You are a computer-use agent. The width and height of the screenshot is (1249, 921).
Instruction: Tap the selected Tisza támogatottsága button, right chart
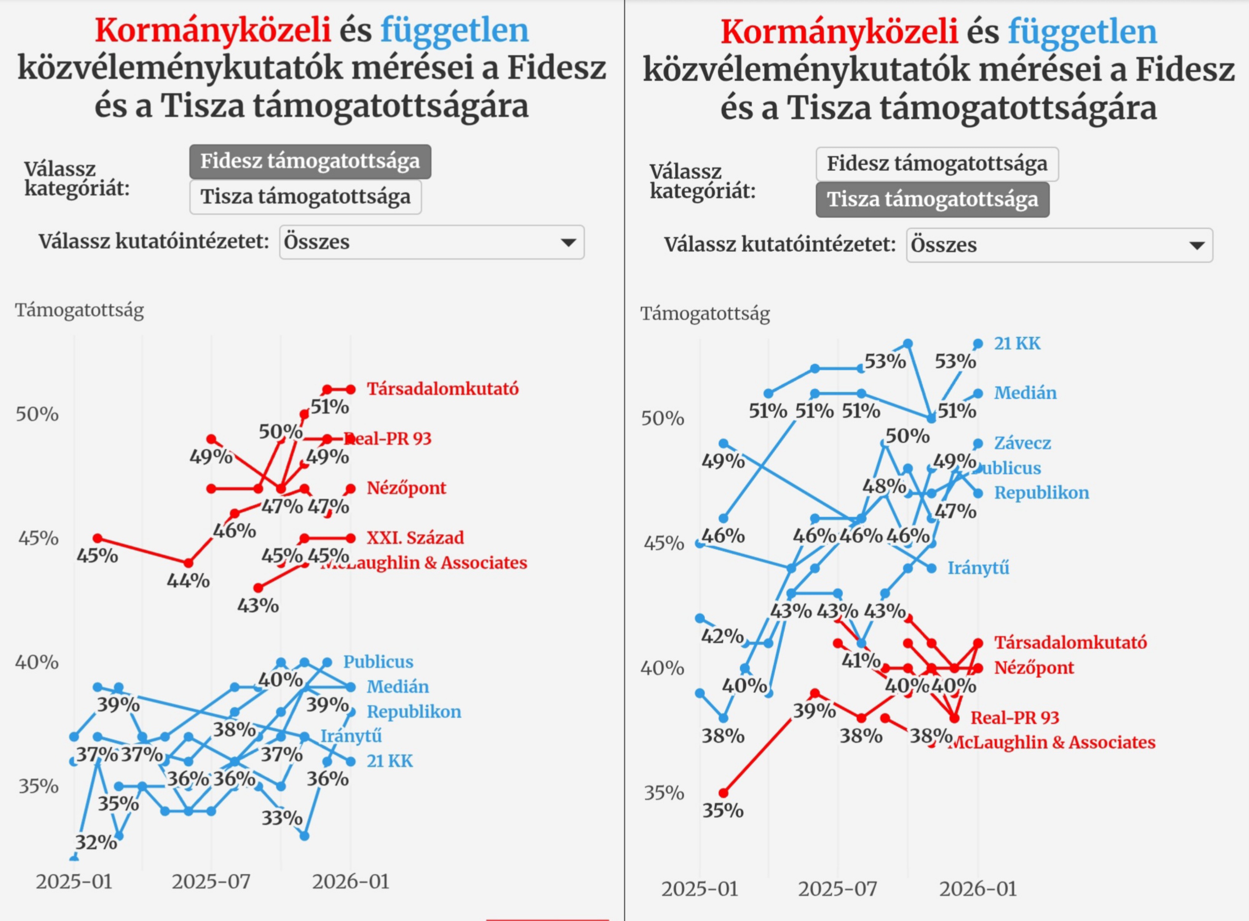tap(932, 199)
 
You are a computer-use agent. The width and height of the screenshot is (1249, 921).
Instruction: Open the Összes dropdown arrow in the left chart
tap(568, 242)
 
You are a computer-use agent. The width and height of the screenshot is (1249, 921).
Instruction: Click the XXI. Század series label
tap(415, 537)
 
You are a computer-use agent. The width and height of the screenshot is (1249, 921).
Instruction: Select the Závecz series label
tap(1022, 443)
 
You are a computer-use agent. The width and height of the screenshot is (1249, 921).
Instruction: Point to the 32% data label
tap(96, 842)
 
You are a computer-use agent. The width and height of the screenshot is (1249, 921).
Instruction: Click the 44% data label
tap(188, 581)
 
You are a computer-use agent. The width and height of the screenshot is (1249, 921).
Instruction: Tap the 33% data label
tap(282, 818)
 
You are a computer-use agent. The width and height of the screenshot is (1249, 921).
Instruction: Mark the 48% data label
tap(884, 486)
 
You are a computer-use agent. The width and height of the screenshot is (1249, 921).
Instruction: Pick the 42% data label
tap(722, 636)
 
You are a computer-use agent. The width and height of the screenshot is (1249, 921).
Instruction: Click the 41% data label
tap(861, 661)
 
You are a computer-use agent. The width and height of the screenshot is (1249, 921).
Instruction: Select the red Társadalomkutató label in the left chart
tap(442, 389)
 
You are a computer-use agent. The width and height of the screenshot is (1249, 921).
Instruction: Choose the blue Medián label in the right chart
tap(1025, 393)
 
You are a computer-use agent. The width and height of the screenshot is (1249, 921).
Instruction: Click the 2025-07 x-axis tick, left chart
tap(211, 882)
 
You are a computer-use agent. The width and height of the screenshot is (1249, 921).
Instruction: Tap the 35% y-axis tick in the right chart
tap(664, 793)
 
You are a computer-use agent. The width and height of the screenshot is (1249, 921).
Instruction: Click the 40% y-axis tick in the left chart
tap(37, 662)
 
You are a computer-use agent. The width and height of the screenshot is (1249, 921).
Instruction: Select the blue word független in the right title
tap(1082, 32)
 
